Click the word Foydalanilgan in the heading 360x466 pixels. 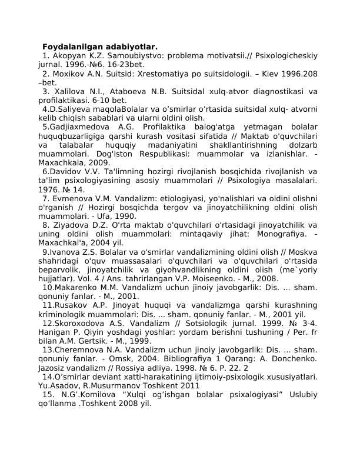(x=71, y=46)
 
